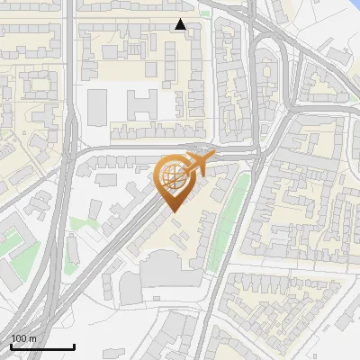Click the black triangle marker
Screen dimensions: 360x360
(181, 24)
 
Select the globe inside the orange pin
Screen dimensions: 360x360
(172, 176)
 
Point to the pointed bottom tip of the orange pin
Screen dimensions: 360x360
(172, 212)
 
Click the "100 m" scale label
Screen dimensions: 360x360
(23, 338)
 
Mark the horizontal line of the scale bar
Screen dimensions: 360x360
(42, 346)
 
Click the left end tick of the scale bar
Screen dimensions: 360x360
(11, 345)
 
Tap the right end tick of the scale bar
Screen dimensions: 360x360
(74, 345)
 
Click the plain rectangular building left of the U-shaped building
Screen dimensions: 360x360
(96, 106)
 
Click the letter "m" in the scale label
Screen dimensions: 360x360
(32, 338)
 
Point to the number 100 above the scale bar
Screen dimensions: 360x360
(19, 338)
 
